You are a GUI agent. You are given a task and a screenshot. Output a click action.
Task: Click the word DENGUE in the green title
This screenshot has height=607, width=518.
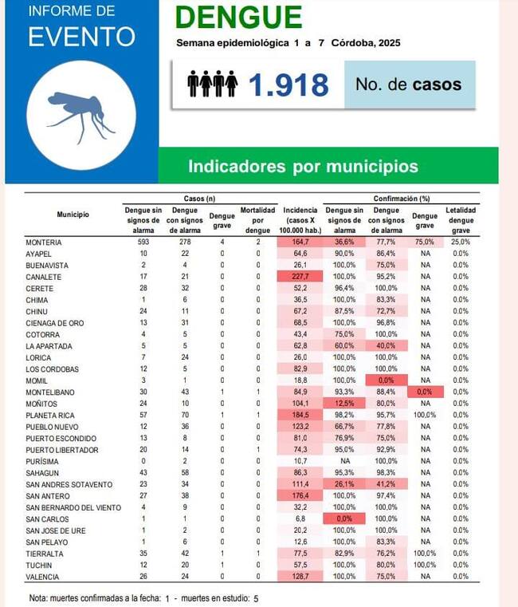point(238,18)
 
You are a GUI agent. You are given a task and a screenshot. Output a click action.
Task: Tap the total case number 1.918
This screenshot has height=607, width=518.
point(288,85)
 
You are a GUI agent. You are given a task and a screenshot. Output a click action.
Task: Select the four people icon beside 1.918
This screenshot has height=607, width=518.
point(213,84)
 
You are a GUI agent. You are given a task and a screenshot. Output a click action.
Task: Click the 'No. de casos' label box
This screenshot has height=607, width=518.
point(409,85)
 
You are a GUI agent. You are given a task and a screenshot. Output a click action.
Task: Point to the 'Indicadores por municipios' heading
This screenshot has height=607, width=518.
point(303,167)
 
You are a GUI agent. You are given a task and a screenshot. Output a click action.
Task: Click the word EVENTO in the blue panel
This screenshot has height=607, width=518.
point(81,37)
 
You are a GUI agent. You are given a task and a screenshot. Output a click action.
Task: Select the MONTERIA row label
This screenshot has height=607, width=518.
point(44,242)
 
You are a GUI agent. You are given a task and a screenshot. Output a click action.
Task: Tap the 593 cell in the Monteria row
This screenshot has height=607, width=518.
point(143,242)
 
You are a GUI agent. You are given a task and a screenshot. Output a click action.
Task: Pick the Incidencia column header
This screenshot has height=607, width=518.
point(300,220)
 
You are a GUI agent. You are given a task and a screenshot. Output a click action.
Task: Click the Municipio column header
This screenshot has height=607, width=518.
point(73,214)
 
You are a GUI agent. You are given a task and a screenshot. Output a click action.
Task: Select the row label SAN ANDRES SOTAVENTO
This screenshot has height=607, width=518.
point(69,484)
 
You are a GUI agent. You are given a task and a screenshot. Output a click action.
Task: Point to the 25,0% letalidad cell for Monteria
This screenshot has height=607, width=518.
point(461,242)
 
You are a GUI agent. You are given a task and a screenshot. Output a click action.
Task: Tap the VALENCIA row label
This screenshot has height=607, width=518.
point(43,577)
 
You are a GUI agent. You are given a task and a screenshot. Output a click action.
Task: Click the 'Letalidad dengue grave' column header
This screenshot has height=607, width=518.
point(461,220)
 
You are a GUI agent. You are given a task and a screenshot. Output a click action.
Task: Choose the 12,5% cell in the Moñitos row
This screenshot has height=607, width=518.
point(344,404)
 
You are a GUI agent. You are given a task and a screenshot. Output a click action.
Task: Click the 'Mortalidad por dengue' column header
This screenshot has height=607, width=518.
point(258,220)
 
